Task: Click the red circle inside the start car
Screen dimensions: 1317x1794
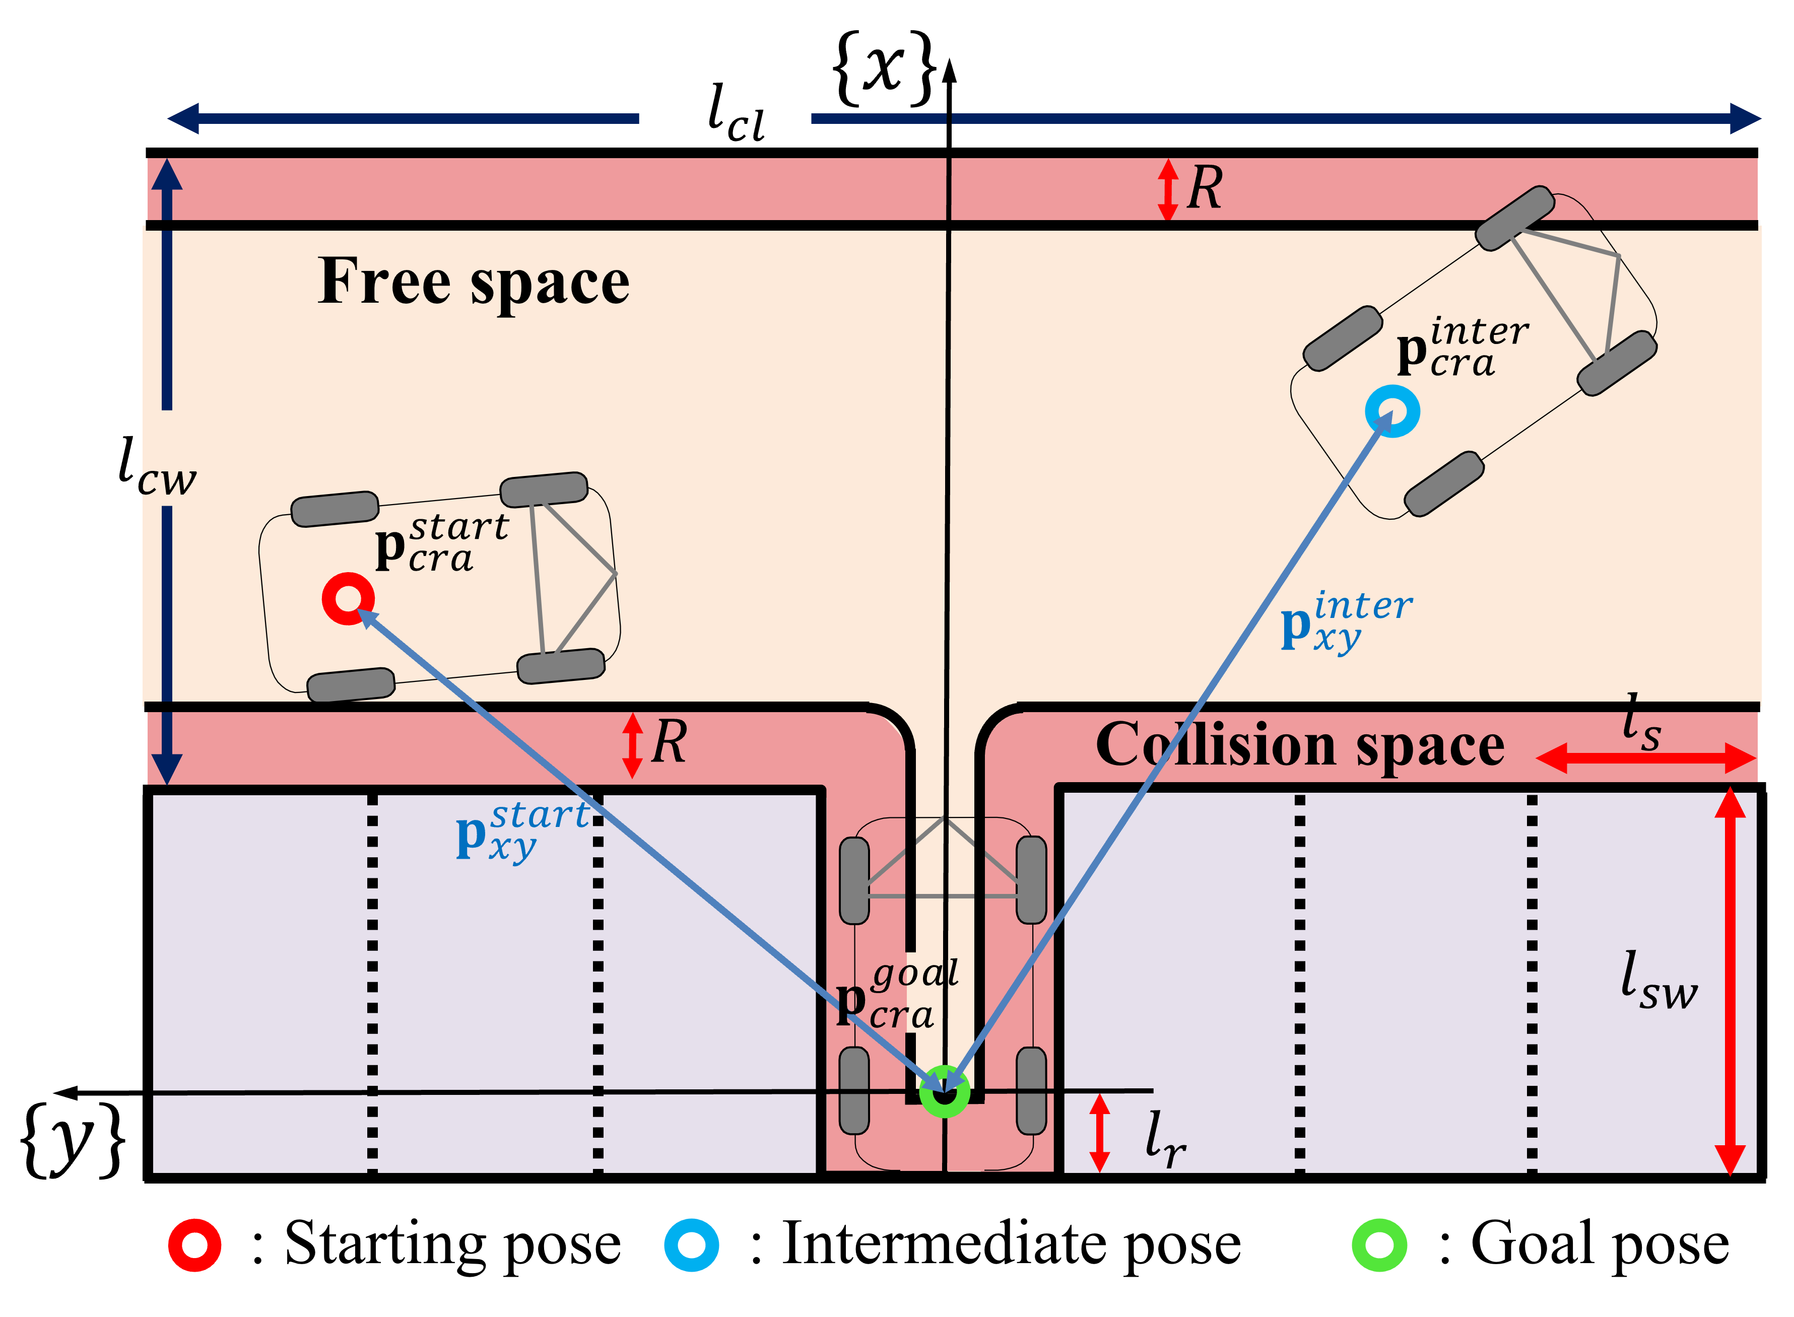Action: (x=348, y=599)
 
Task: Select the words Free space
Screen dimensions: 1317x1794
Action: (x=474, y=282)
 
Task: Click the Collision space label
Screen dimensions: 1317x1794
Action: (x=1300, y=745)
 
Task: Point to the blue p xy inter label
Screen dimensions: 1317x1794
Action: (x=1346, y=622)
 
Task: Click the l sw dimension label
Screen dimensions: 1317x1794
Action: (x=1658, y=982)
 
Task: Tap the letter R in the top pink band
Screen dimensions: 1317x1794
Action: (x=1204, y=189)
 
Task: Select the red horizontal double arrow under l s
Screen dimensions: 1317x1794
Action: (x=1646, y=757)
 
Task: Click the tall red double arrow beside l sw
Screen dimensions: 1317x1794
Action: (x=1730, y=981)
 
